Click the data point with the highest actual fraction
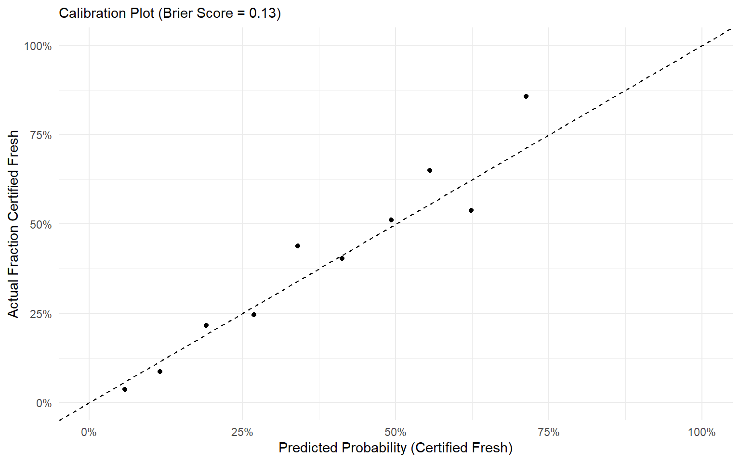point(526,96)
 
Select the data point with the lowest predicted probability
point(125,389)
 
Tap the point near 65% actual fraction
point(430,170)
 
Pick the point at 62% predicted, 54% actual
point(471,210)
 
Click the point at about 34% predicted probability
point(298,246)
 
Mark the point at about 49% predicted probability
point(391,220)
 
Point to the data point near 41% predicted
point(342,258)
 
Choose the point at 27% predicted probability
point(254,315)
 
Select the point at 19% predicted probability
point(206,325)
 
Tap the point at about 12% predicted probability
point(160,372)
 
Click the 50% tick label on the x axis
point(396,432)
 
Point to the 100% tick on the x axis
point(701,432)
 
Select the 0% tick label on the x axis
point(89,432)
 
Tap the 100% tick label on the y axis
point(38,46)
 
